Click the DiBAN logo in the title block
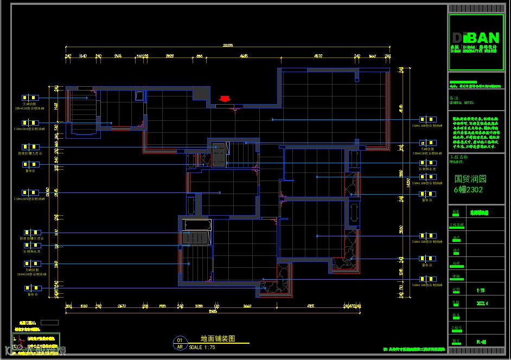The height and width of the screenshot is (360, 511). (476, 38)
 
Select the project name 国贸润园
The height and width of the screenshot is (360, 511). (470, 178)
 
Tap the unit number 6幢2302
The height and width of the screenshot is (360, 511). (468, 190)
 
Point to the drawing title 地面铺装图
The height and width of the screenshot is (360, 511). (218, 338)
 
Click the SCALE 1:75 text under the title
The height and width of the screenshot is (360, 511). (202, 347)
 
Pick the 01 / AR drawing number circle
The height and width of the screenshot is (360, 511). (180, 343)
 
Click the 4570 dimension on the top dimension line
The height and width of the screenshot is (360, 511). (318, 56)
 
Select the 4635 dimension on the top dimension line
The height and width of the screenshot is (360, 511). (244, 56)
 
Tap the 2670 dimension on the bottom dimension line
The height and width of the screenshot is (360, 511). (122, 307)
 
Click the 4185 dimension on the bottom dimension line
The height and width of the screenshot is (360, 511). (310, 307)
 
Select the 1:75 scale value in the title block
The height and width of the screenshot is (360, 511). (481, 290)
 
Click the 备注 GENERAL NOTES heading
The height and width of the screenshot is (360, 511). (461, 100)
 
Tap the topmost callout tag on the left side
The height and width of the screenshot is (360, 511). (30, 98)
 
